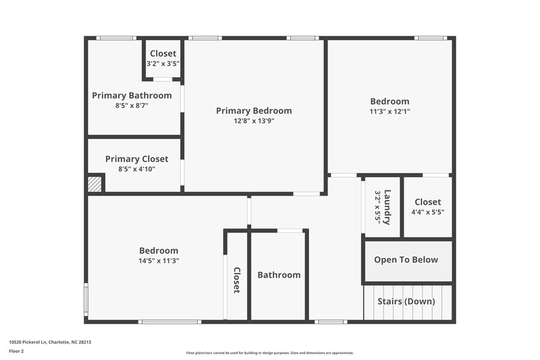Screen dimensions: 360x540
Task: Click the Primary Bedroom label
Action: point(254,111)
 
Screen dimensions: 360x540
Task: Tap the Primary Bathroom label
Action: point(132,95)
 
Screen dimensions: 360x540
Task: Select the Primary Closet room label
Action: point(136,159)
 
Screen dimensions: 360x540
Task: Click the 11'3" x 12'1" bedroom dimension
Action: point(389,111)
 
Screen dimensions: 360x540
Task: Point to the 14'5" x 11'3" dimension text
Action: point(159,260)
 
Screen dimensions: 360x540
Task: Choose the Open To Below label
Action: point(406,259)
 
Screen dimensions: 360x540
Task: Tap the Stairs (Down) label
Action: point(406,301)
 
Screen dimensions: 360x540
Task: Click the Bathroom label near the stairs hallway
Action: point(279,275)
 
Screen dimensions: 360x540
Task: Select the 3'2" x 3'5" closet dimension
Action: point(163,63)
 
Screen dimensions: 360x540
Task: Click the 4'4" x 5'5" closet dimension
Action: point(427,212)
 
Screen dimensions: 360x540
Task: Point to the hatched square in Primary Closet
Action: point(95,184)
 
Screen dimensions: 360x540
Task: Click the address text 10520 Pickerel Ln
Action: point(50,342)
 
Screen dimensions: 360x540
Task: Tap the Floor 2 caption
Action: point(16,351)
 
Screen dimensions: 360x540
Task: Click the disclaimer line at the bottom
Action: point(269,353)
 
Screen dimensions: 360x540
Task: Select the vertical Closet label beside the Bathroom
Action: point(237,280)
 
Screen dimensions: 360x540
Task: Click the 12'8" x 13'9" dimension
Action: point(254,121)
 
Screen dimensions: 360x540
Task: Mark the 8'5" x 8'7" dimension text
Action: point(132,105)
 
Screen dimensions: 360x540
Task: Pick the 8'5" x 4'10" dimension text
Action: point(136,169)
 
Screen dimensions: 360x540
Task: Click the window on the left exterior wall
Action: point(86,299)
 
